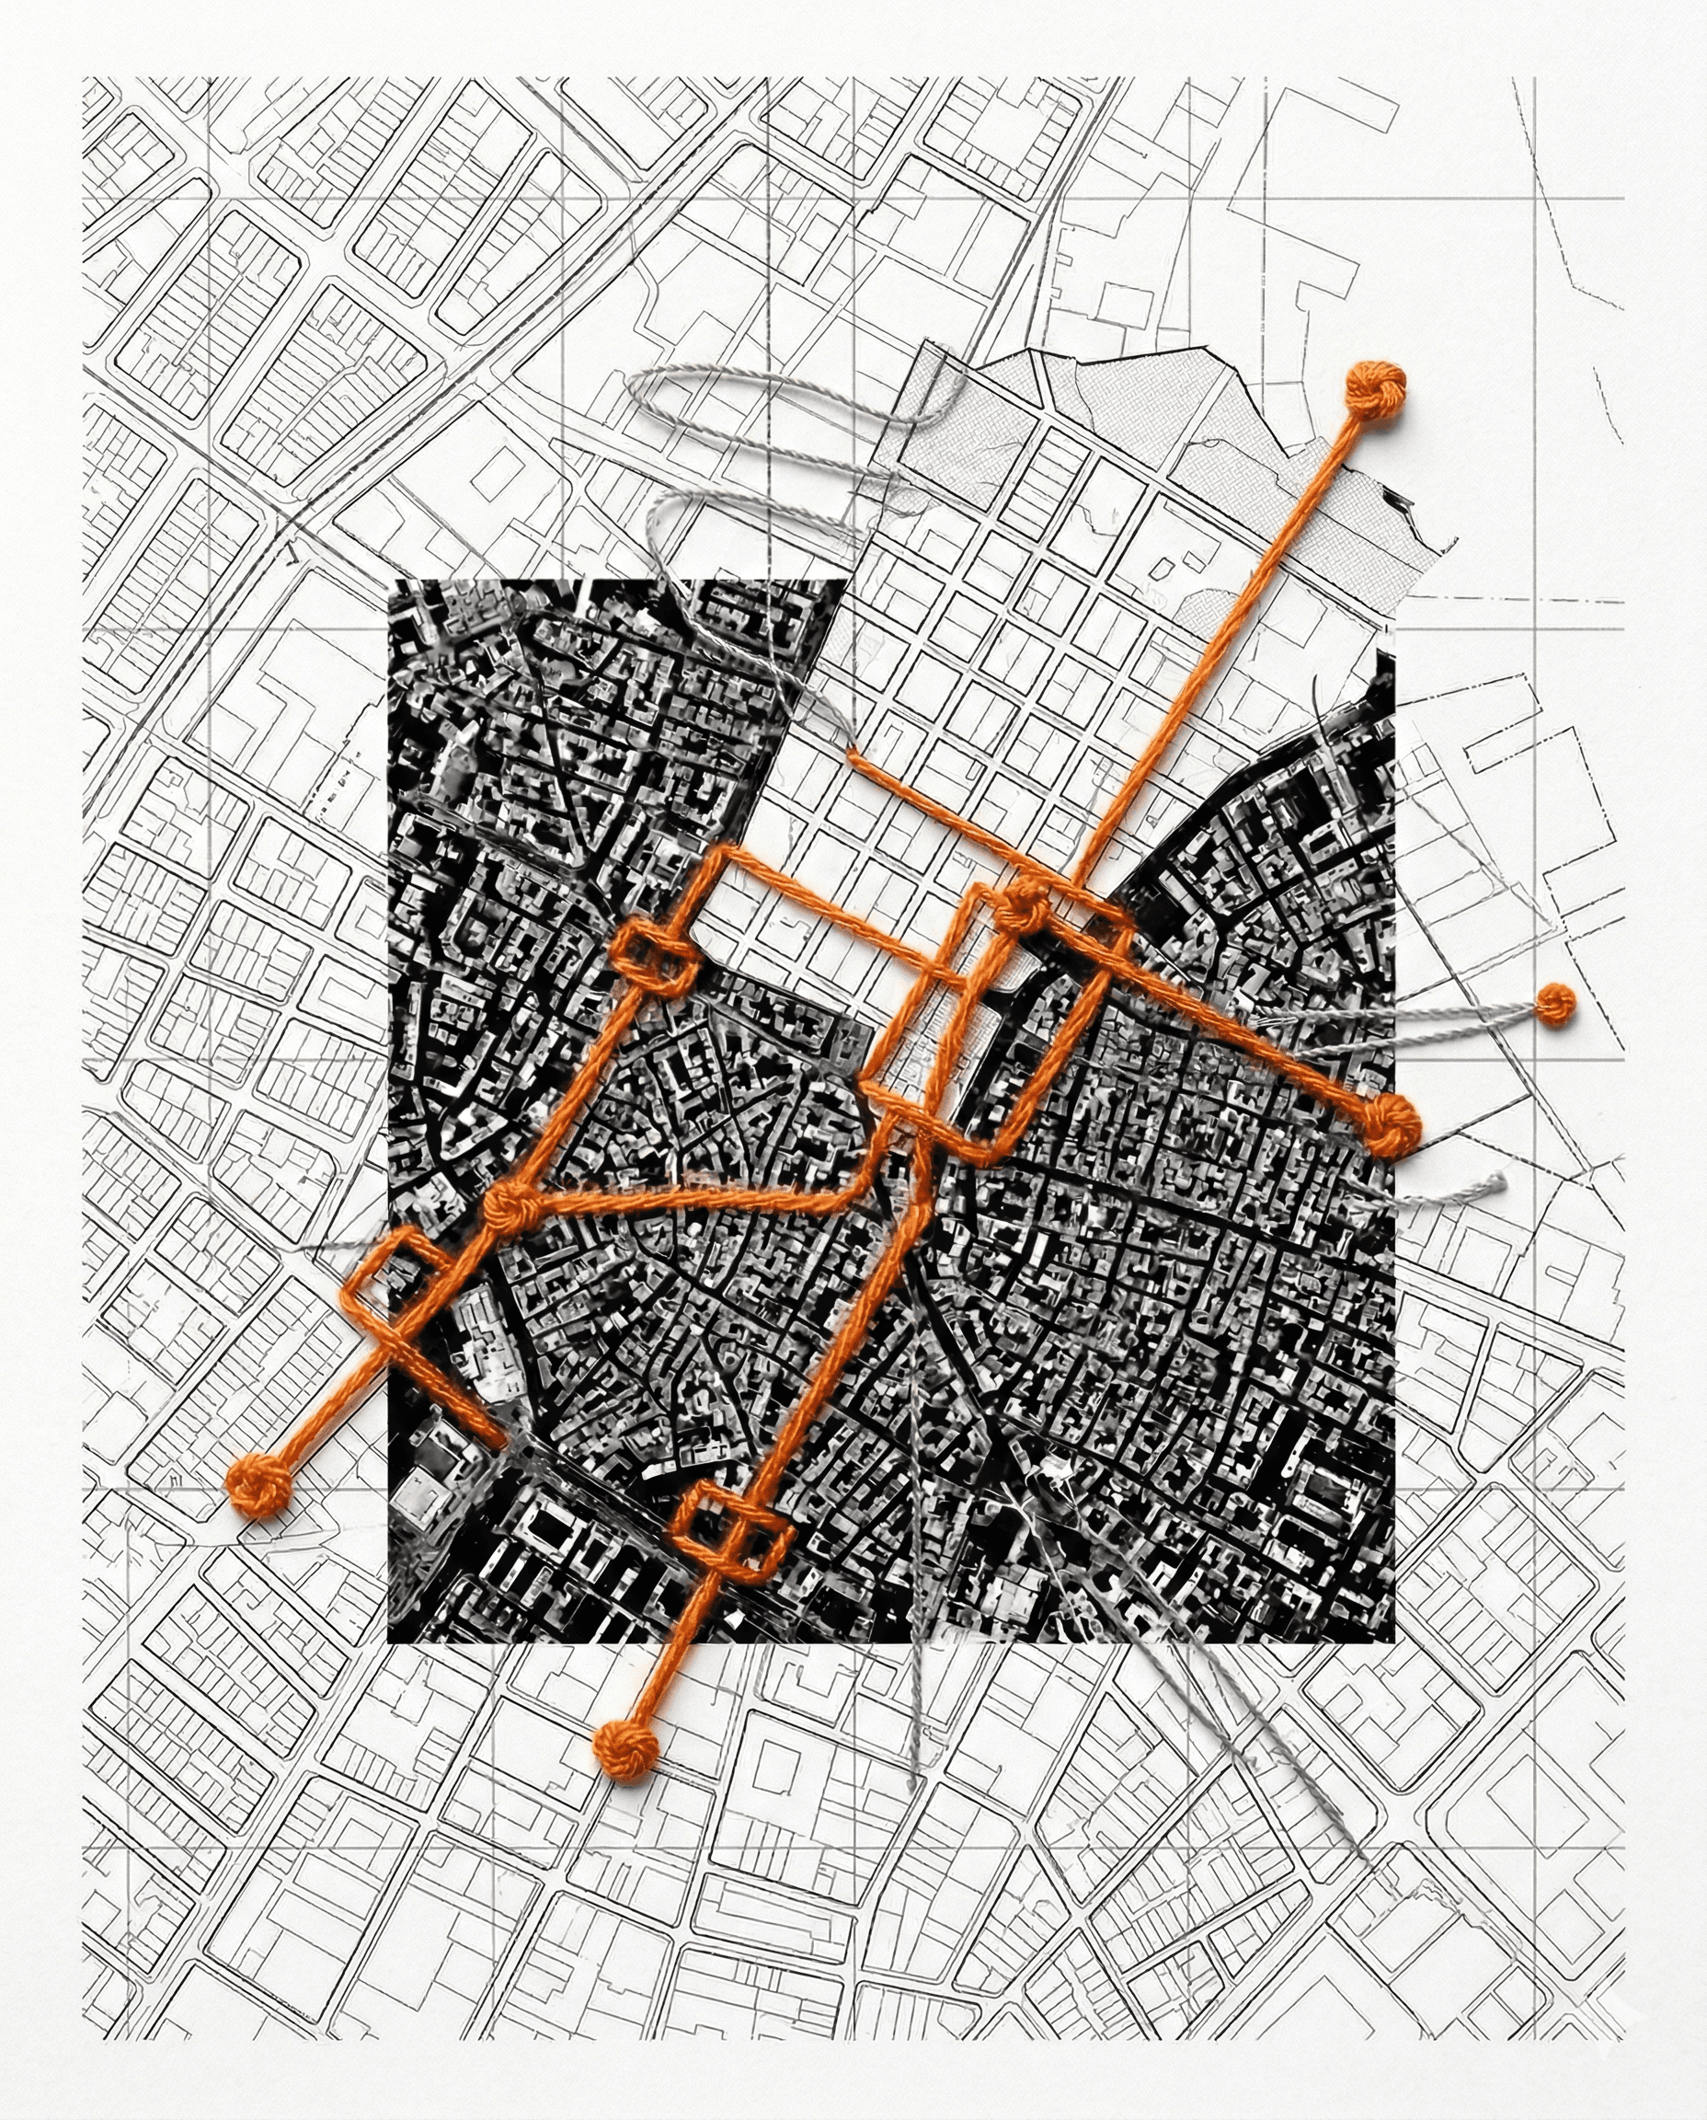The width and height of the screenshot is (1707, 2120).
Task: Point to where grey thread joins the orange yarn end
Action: coord(852,754)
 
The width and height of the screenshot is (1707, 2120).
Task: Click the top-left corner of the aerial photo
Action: coord(390,582)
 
